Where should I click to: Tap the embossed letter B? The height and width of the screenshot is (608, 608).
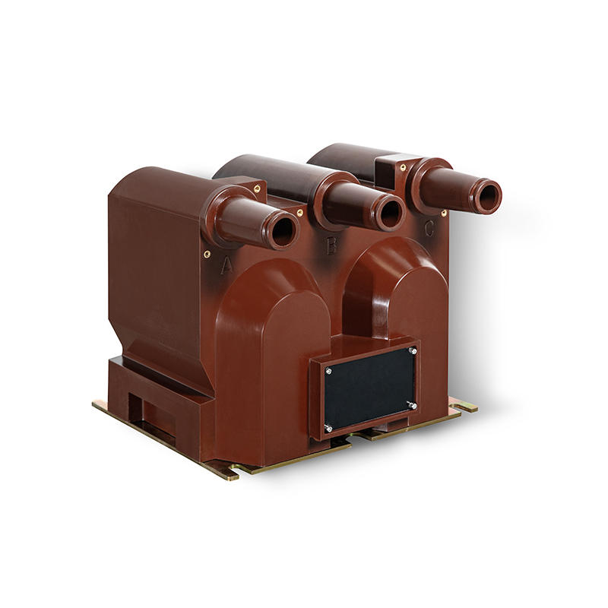[331, 246]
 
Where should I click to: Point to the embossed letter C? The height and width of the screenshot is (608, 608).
[429, 229]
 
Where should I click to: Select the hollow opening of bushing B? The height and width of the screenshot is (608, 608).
[391, 214]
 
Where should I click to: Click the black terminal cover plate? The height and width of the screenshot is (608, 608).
[369, 389]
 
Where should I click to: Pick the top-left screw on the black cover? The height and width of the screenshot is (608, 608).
[329, 372]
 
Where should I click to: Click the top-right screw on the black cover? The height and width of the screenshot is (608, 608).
[412, 351]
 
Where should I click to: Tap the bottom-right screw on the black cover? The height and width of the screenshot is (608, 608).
[413, 406]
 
